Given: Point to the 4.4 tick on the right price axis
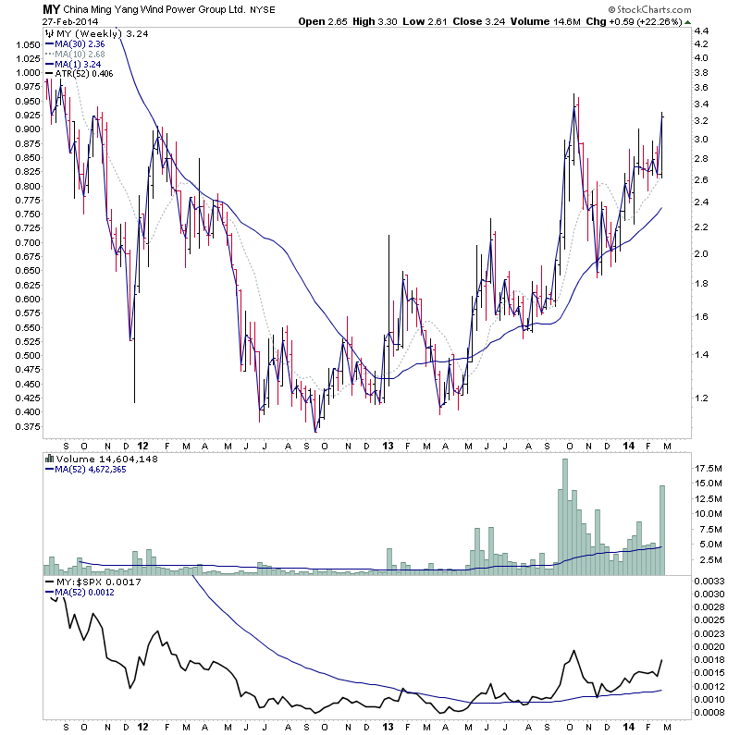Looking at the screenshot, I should [x=701, y=31].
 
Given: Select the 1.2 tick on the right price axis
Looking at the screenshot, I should [x=701, y=398].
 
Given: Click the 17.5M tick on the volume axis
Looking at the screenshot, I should [x=709, y=470].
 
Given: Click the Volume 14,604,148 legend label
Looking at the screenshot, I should [x=93, y=457].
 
